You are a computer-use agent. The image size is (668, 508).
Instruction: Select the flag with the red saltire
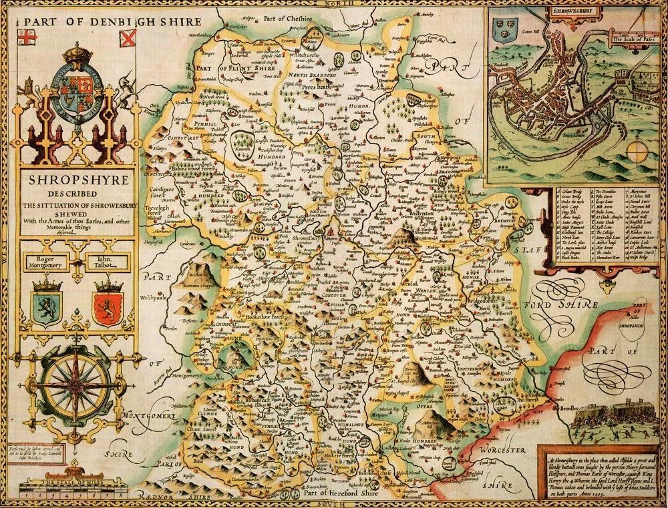127,38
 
